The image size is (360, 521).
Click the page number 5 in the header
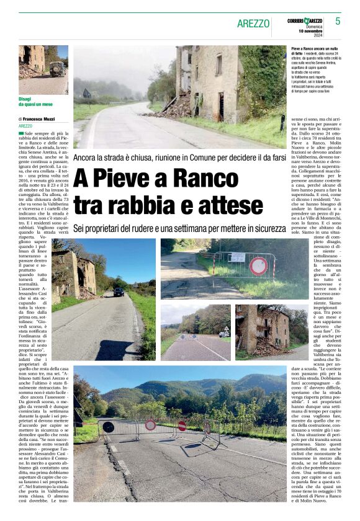338,21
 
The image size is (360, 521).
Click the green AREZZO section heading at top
253,24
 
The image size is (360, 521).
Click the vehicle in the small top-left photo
56,68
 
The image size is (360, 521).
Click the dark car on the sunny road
118,292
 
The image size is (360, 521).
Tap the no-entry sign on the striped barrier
258,266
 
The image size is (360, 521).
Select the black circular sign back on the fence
109,427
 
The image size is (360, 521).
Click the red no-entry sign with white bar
182,425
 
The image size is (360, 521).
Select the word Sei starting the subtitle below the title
80,228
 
